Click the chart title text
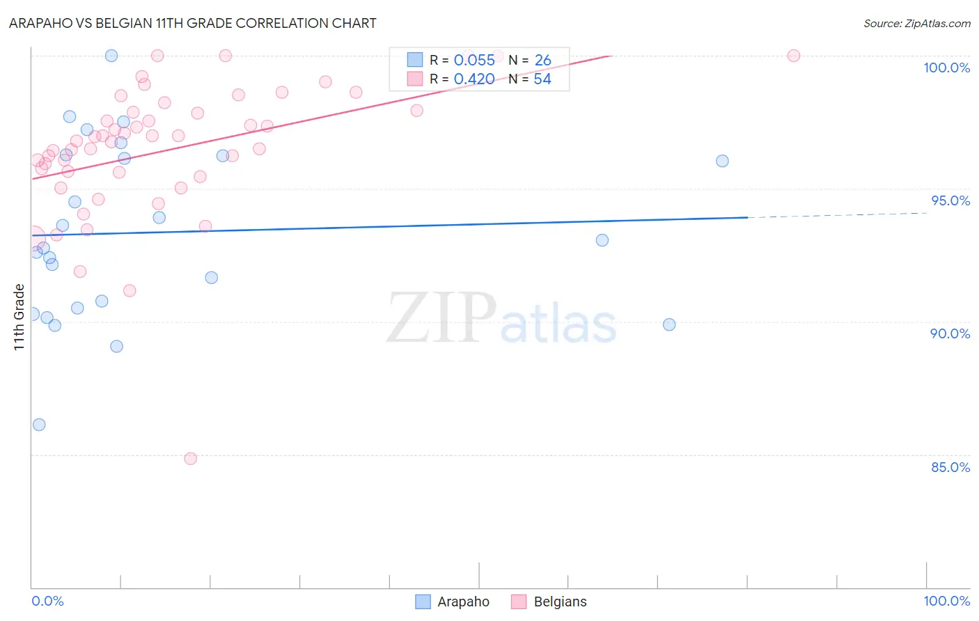(x=193, y=23)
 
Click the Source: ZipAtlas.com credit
(x=916, y=24)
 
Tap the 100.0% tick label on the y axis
(x=946, y=68)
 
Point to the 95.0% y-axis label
(x=950, y=201)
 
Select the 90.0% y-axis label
(x=950, y=333)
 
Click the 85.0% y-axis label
(x=950, y=467)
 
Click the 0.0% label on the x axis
(x=47, y=601)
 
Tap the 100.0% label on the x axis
(x=946, y=601)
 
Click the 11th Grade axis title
(x=19, y=317)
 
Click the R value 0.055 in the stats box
(x=474, y=61)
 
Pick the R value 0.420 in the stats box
(x=474, y=79)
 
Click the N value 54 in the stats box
(x=542, y=79)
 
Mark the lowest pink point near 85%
(x=191, y=459)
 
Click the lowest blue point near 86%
(x=39, y=425)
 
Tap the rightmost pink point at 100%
(x=794, y=56)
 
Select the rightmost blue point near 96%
(x=723, y=161)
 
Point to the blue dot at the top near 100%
(x=111, y=56)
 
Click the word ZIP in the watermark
(x=441, y=318)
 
